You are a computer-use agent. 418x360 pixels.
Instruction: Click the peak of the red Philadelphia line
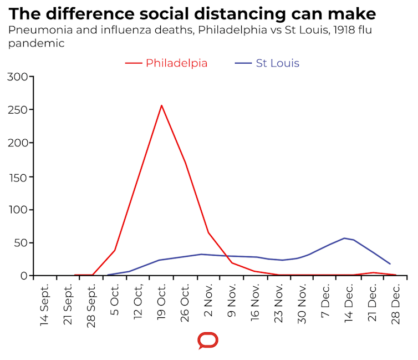[x=161, y=105]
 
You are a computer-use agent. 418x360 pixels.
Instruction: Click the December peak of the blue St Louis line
[x=345, y=238]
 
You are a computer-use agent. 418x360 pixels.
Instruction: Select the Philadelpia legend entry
[x=176, y=63]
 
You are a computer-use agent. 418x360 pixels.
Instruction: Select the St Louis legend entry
[x=277, y=63]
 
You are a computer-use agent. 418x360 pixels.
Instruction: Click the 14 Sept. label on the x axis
[x=45, y=305]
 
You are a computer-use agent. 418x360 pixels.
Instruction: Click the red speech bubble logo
[x=208, y=340]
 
